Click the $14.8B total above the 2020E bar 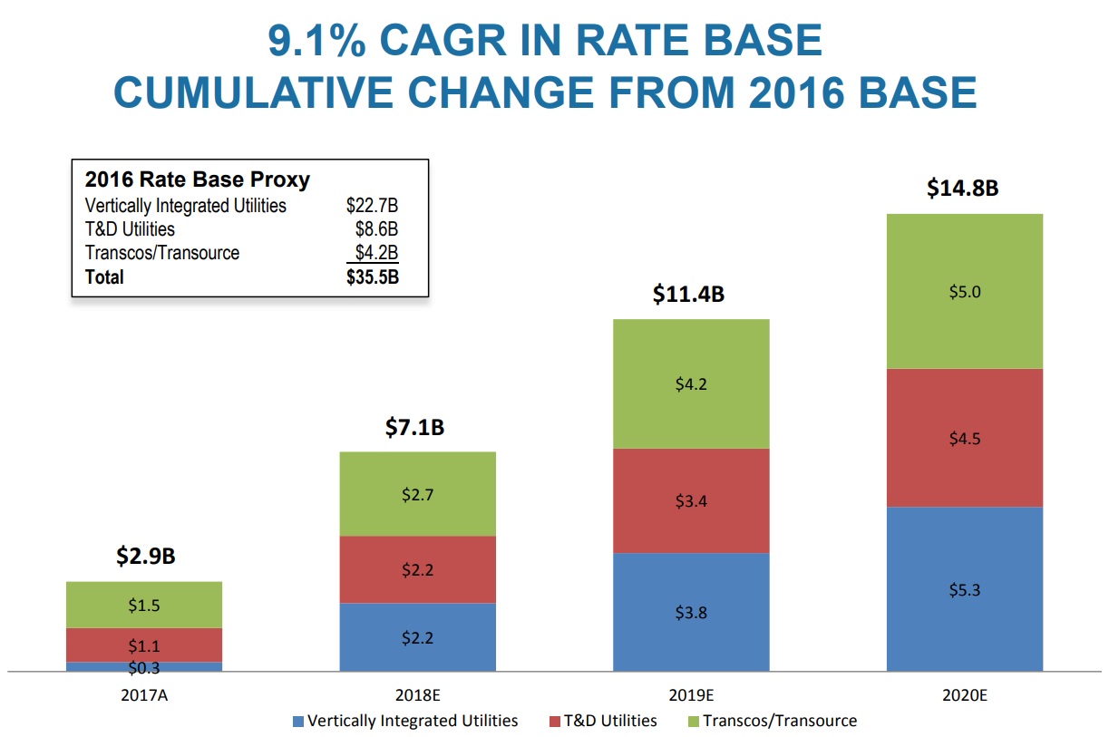tap(962, 189)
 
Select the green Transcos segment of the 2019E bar tap(691, 383)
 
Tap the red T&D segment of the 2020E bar tap(964, 438)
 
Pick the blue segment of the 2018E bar tap(417, 637)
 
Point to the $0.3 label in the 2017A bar tap(143, 668)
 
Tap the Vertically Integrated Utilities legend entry tap(413, 722)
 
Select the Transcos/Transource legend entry tap(779, 722)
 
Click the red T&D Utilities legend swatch tap(555, 722)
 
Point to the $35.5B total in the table tap(372, 277)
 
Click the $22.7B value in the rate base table tap(372, 206)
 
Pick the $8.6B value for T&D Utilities tap(376, 229)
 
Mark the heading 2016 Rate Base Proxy tap(197, 179)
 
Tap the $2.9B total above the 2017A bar tap(145, 557)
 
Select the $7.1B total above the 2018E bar tap(416, 427)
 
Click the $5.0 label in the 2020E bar tap(964, 292)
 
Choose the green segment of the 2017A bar tap(143, 605)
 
